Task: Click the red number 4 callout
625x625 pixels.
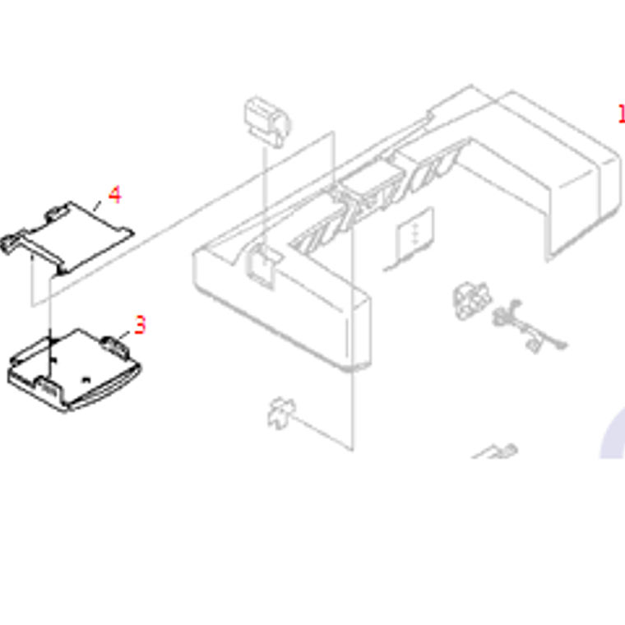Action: click(114, 195)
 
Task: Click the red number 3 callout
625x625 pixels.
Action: click(140, 326)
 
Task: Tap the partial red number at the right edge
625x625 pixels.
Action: click(621, 113)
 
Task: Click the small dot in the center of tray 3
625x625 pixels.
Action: click(88, 380)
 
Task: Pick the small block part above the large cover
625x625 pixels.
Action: click(267, 120)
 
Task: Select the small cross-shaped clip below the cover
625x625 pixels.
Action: click(280, 411)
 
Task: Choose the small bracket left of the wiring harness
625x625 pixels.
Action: click(472, 300)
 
